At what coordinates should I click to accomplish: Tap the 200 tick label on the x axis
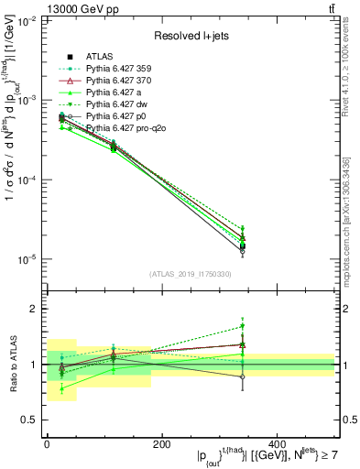click(161, 443)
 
